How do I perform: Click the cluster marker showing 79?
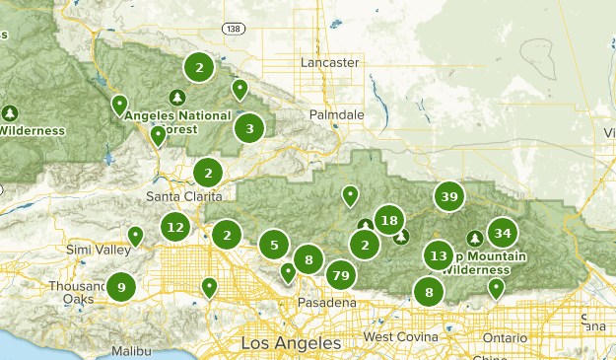[341, 274]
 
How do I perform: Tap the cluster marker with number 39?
[450, 196]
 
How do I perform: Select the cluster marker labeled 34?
[503, 233]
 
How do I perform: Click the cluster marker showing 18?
[389, 221]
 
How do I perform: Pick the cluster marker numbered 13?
[439, 256]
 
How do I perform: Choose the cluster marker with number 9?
[120, 287]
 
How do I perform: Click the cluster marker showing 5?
[274, 245]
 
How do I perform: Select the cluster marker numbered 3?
[249, 128]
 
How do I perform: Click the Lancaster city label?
[329, 62]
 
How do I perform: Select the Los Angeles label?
[292, 342]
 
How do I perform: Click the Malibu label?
[131, 351]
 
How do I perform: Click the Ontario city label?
[504, 336]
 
